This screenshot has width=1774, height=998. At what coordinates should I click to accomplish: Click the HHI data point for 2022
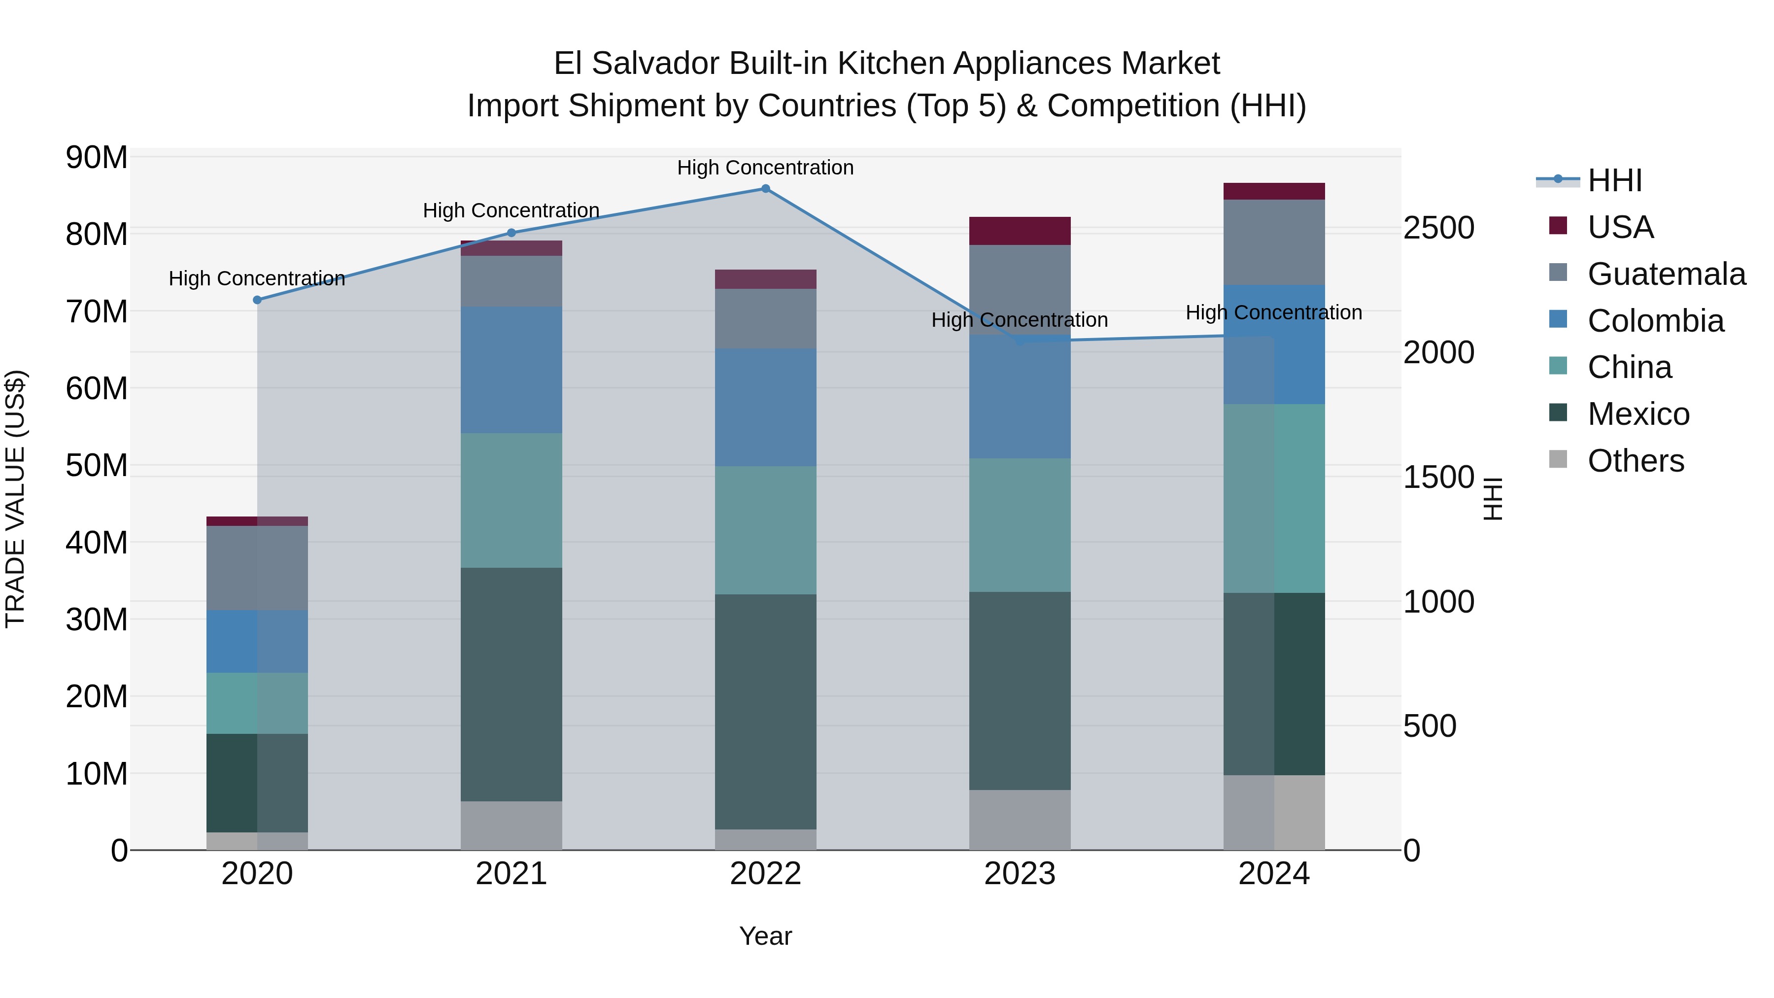[x=765, y=189]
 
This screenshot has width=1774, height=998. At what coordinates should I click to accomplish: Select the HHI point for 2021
[x=511, y=233]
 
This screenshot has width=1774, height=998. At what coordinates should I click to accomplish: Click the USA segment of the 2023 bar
[x=1020, y=231]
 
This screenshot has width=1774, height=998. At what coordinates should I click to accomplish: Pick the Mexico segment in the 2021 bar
[x=511, y=684]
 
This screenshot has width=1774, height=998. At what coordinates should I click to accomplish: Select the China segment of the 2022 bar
[x=765, y=530]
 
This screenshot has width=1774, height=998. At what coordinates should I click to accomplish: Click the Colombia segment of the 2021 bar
[x=511, y=370]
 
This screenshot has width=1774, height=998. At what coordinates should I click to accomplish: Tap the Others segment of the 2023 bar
[x=1020, y=820]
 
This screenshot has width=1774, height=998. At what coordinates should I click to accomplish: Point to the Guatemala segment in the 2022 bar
[x=765, y=319]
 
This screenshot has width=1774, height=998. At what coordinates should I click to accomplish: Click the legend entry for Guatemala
[x=1666, y=274]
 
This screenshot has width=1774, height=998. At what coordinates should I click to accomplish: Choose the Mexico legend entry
[x=1638, y=414]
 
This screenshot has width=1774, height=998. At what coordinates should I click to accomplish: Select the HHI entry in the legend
[x=1614, y=180]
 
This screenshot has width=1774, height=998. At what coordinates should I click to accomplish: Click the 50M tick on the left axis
[x=97, y=466]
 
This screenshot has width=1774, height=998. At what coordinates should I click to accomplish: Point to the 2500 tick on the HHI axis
[x=1438, y=228]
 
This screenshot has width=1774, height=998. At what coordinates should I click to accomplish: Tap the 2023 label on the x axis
[x=1020, y=874]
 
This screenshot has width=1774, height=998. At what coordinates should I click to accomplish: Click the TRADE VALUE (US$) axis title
[x=15, y=499]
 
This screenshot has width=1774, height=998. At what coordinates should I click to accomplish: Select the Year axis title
[x=765, y=936]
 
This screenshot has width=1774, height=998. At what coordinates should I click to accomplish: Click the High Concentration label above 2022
[x=765, y=168]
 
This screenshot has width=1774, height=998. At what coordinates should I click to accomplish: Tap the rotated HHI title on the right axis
[x=1492, y=499]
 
